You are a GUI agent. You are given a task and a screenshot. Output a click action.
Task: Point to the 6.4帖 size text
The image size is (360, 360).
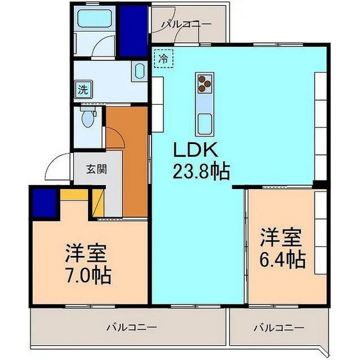(x=282, y=260)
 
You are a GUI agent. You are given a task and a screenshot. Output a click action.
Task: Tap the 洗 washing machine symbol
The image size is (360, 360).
(x=82, y=89)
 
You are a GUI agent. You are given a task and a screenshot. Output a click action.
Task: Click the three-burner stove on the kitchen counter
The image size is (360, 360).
(x=204, y=82)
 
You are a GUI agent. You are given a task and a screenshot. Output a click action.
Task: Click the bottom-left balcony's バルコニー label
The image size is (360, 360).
(x=129, y=328)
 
